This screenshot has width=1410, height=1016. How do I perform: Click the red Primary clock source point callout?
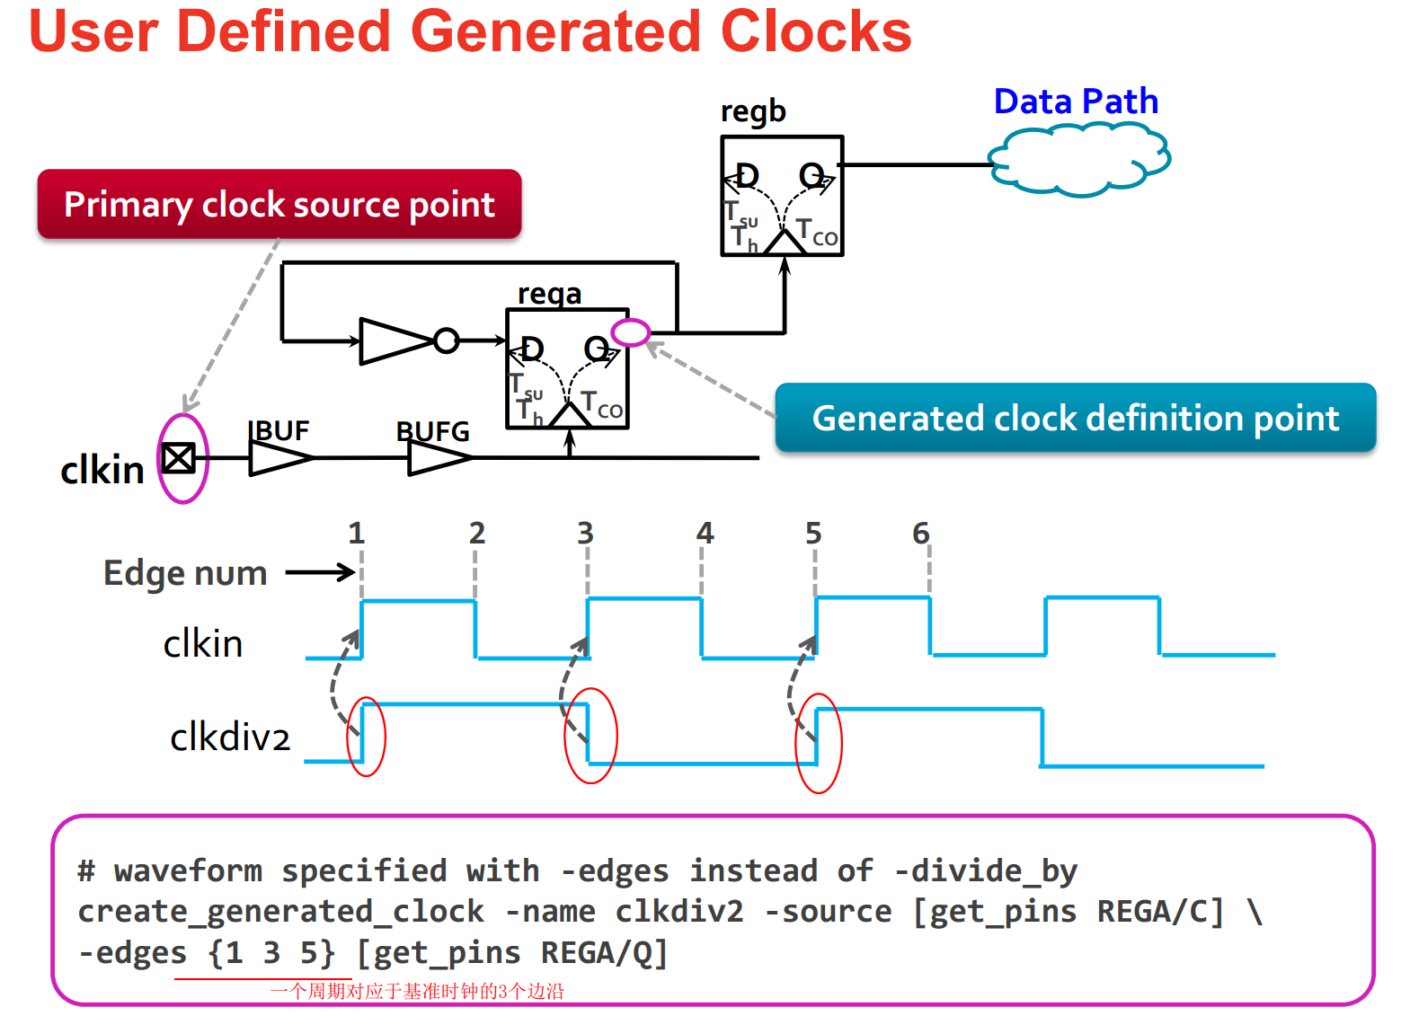tap(279, 205)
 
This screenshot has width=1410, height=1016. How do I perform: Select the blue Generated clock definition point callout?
tap(1075, 419)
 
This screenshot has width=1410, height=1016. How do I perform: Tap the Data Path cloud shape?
tap(1078, 160)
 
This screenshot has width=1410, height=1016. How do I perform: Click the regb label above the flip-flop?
tap(753, 111)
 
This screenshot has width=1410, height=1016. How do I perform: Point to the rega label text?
tap(549, 294)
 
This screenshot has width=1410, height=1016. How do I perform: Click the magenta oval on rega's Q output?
tap(630, 332)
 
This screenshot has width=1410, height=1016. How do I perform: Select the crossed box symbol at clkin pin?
tap(179, 458)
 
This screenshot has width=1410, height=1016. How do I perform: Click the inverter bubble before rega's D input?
tap(446, 340)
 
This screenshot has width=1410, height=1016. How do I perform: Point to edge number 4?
tap(705, 534)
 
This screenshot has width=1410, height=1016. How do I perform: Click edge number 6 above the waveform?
tap(920, 534)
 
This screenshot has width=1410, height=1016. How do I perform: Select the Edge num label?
tap(185, 573)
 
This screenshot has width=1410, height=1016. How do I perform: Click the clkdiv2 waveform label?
tap(230, 738)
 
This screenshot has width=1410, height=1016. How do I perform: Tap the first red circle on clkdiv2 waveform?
tap(366, 737)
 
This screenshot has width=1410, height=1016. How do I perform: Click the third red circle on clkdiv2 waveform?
tap(818, 743)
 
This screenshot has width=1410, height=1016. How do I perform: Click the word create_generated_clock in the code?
tap(280, 912)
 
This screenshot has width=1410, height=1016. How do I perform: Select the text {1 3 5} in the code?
tap(271, 953)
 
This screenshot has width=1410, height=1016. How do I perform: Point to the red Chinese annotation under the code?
tap(417, 991)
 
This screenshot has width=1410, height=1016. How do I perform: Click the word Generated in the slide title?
tap(556, 31)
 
